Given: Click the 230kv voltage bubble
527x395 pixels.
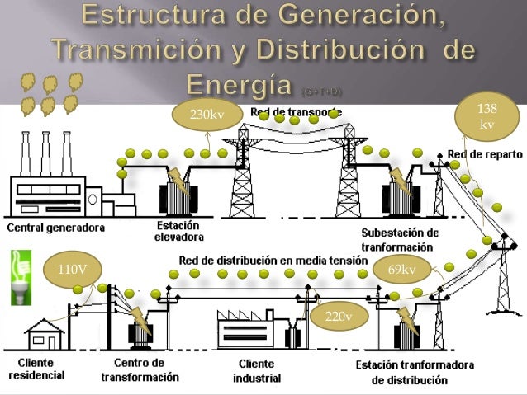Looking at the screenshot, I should (207, 115).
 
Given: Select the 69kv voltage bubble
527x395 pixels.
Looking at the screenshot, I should (401, 269).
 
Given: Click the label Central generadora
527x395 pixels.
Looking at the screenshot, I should (56, 227).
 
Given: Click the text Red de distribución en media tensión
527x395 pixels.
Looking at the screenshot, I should (273, 261).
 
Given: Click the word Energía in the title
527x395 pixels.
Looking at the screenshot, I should (235, 83).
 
